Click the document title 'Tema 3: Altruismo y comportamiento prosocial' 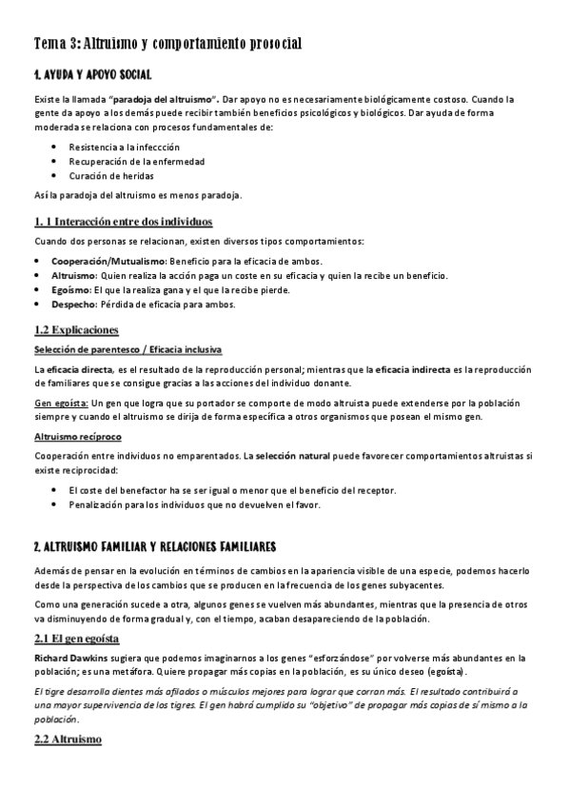coord(167,44)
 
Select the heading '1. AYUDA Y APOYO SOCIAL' coord(91,74)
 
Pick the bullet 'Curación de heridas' coord(110,176)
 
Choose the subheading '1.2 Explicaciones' coord(76,330)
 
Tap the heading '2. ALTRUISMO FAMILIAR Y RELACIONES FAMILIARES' coord(154,547)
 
